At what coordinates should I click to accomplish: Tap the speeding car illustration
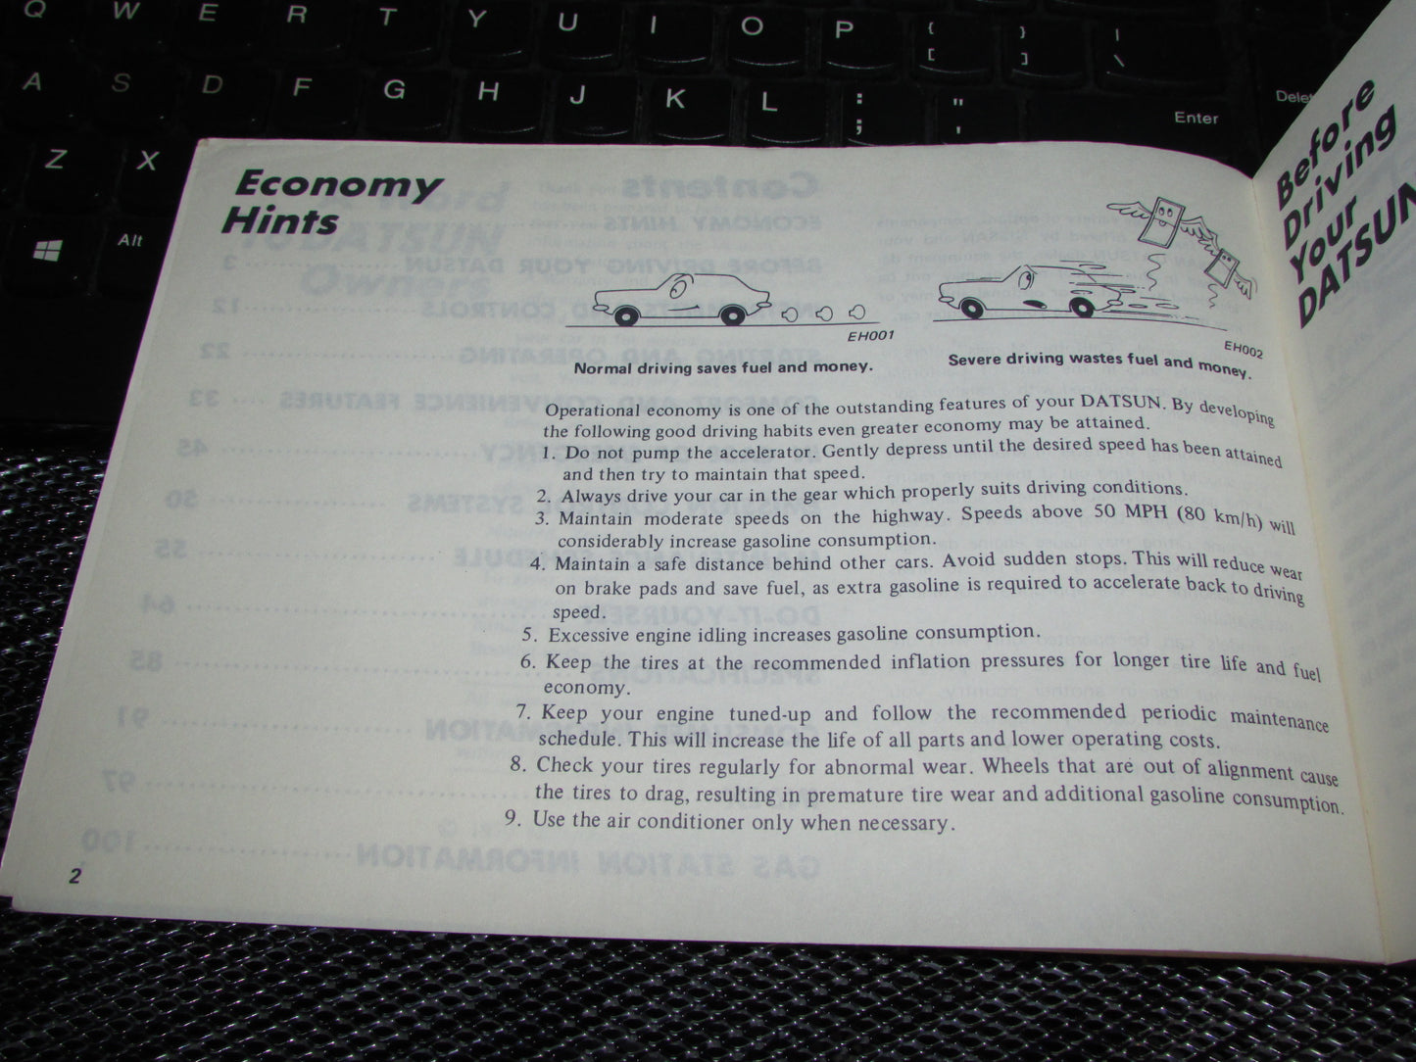[1019, 292]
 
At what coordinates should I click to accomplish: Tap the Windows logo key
[47, 252]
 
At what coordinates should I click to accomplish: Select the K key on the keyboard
[675, 98]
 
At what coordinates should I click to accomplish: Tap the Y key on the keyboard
[476, 21]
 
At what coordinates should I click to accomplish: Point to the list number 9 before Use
[513, 818]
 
